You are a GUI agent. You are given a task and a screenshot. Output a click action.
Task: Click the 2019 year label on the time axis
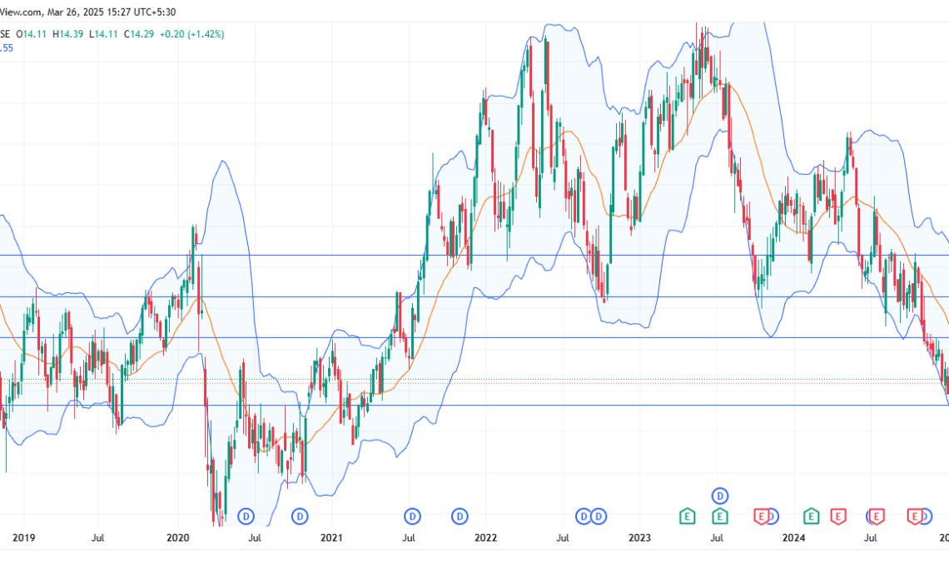point(24,539)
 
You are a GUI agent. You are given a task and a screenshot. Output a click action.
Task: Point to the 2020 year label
point(178,539)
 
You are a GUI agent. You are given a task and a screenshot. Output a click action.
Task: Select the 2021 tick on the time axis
point(331,539)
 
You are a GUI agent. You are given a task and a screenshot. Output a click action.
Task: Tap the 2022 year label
point(485,539)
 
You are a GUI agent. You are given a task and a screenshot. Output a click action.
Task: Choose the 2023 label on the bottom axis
point(639,539)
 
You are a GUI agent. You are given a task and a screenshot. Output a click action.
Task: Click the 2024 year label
point(793,539)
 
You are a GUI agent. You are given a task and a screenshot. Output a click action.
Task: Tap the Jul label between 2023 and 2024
point(717,539)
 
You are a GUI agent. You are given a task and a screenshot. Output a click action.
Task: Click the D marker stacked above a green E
point(720,496)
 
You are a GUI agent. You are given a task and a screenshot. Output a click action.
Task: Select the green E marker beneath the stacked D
point(720,517)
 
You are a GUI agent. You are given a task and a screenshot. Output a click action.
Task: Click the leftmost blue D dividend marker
point(246,517)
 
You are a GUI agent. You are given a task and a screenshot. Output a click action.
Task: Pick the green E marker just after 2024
point(810,517)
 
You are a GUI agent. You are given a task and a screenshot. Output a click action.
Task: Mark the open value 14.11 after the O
point(34,34)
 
